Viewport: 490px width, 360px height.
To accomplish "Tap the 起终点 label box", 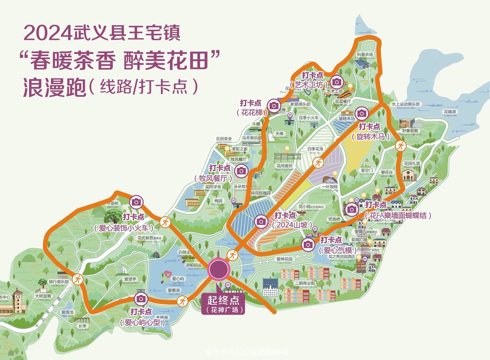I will click(x=223, y=304).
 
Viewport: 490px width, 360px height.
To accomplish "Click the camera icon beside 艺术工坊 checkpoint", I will click(x=337, y=81).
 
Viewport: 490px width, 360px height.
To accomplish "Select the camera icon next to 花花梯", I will click(x=274, y=105).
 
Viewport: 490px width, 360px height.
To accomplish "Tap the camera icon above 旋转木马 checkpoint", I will click(x=362, y=113).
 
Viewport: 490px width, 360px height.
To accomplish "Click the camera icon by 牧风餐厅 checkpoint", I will click(x=242, y=170).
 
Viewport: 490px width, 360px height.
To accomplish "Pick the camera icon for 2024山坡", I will click(x=261, y=221).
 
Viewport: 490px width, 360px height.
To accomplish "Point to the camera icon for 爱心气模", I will click(x=308, y=245).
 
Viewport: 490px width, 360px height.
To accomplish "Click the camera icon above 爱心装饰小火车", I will click(x=137, y=202).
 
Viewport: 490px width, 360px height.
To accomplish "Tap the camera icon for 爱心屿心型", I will click(x=140, y=299).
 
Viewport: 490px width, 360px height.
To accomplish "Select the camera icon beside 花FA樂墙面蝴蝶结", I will click(x=352, y=209).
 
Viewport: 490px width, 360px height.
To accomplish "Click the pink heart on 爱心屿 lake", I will click(x=168, y=274).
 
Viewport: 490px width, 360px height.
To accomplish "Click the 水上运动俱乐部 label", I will click(x=405, y=104).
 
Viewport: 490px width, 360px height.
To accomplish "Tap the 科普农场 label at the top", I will click(x=365, y=55).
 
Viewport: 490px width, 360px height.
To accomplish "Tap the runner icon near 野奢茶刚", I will click(x=401, y=146).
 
